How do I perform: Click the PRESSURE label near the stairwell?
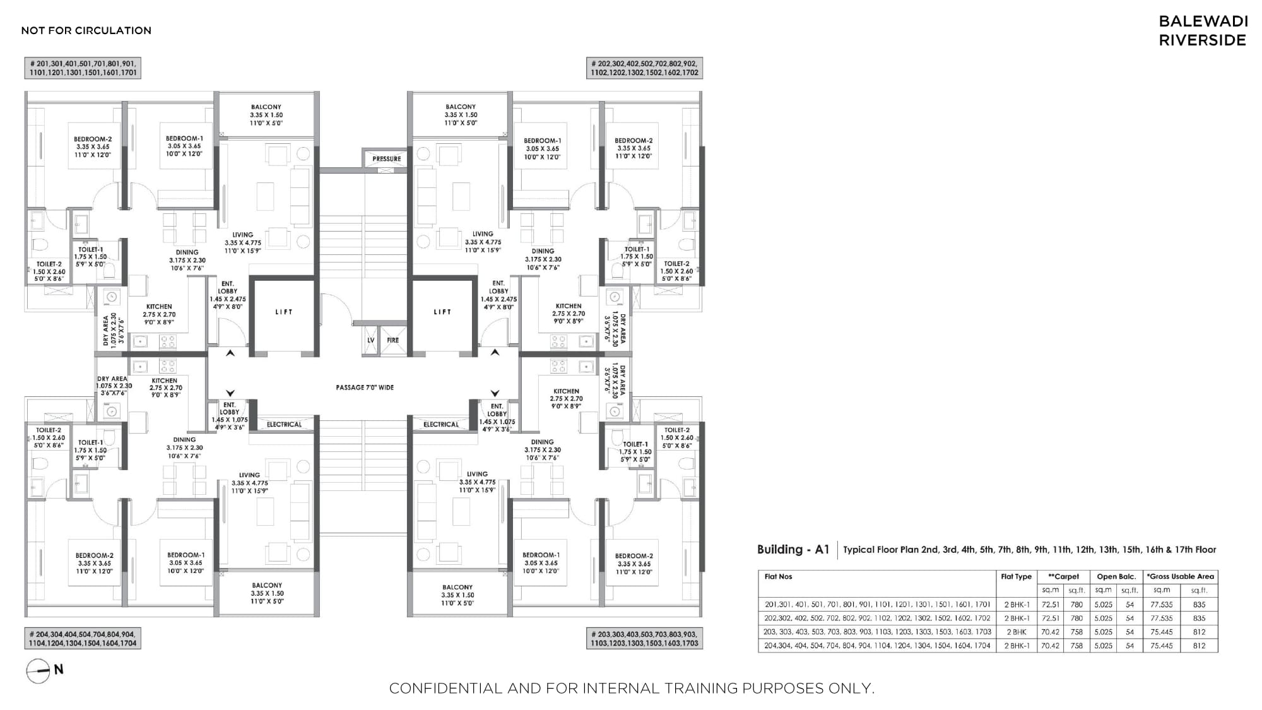tap(386, 159)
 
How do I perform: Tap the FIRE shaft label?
tap(392, 340)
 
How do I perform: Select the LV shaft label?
tap(371, 340)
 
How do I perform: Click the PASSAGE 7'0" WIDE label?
tap(365, 388)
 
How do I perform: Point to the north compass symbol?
tap(38, 670)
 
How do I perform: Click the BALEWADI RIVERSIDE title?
tap(1203, 31)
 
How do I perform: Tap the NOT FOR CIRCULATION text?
tap(86, 30)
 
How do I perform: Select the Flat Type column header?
tap(1016, 577)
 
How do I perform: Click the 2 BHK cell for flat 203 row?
tap(1017, 632)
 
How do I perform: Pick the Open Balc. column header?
tap(1116, 577)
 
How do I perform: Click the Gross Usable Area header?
tap(1181, 577)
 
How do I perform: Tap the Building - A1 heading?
tap(793, 550)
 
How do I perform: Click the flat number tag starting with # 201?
tap(83, 68)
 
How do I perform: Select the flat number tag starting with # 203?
tap(644, 638)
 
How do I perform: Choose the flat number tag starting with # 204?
tap(83, 638)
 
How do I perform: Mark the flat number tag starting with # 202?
tap(644, 68)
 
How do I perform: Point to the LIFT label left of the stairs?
tap(284, 312)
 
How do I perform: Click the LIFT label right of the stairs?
tap(442, 312)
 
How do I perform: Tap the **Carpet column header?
tap(1063, 577)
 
